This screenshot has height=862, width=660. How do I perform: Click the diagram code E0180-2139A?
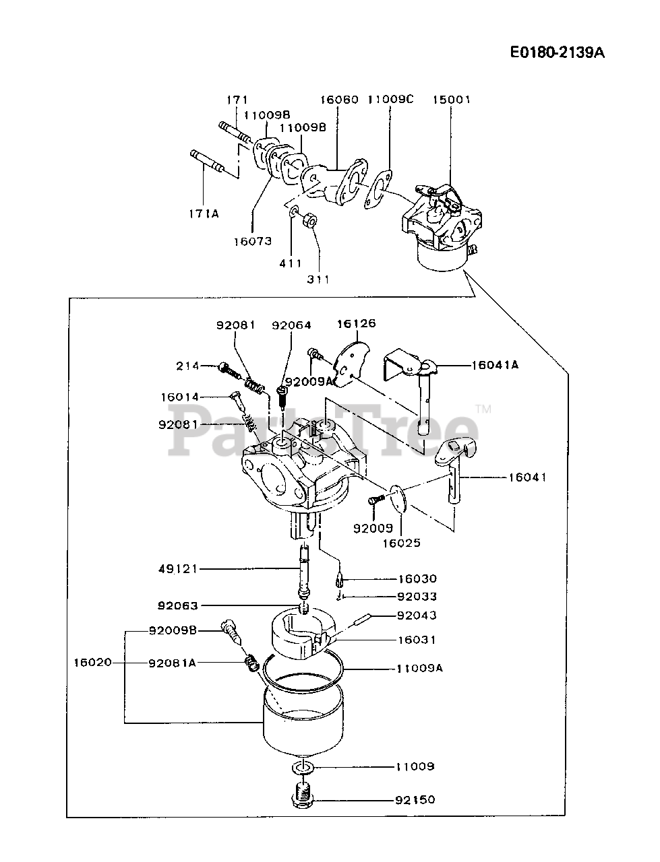coord(557,53)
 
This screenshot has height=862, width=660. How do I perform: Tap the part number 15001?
coord(451,100)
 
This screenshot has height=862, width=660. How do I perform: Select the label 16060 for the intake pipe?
coord(339,100)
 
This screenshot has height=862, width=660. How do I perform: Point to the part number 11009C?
coord(391,100)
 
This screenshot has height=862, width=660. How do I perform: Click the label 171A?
coord(204,214)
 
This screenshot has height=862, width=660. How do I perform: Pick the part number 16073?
coord(253,241)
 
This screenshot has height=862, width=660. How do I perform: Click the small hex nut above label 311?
coord(309,222)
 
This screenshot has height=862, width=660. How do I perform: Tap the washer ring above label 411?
coord(293,213)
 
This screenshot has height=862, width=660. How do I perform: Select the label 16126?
coord(357,324)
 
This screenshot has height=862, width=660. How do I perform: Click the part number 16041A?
coord(495,365)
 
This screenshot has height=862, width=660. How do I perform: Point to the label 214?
coord(188,366)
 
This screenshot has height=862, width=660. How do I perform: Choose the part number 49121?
coord(178,569)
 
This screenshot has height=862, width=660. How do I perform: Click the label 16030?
coord(417,579)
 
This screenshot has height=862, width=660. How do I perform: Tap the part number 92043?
coord(417,616)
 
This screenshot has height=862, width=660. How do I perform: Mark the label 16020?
coord(93,663)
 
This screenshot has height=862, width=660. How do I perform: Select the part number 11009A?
coord(419,668)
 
